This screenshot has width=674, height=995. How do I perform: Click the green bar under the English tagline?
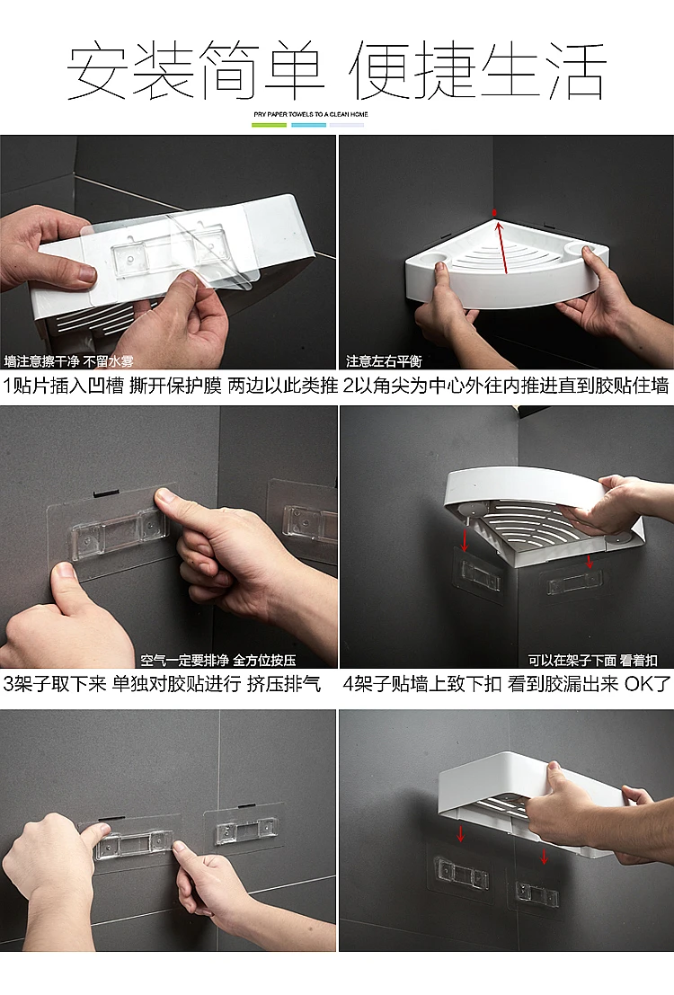click(269, 125)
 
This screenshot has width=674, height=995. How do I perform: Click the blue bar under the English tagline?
click(308, 125)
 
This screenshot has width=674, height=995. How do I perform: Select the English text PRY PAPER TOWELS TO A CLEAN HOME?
click(311, 114)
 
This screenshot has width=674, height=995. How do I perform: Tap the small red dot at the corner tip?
click(495, 212)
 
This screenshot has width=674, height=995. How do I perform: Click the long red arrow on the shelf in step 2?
click(502, 246)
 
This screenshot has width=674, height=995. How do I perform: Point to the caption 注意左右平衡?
click(384, 361)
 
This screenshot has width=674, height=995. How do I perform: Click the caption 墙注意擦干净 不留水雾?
click(68, 361)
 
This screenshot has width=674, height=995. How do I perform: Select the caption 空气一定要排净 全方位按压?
click(218, 660)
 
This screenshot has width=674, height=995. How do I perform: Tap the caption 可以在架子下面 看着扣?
click(593, 660)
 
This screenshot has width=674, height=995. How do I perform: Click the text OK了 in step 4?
click(647, 683)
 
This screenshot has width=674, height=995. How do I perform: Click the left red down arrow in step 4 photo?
click(465, 541)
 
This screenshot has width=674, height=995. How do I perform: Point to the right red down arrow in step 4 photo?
click(590, 562)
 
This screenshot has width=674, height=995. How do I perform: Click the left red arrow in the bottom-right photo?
click(461, 832)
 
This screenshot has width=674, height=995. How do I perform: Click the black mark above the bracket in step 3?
click(107, 492)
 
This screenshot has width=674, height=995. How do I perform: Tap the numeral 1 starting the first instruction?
click(7, 386)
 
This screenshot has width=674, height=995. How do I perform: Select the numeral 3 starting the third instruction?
click(8, 683)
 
